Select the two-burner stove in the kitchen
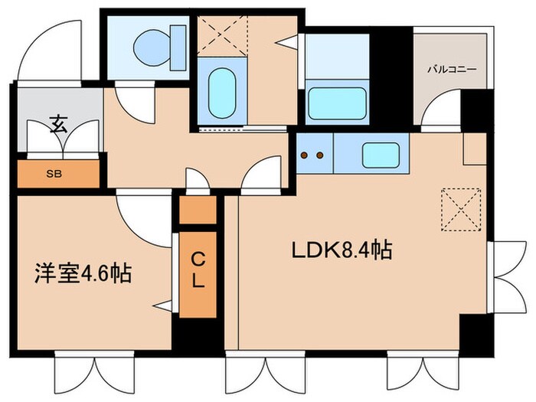pyautogui.click(x=312, y=155)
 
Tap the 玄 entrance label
pyautogui.click(x=58, y=124)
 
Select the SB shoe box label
pyautogui.click(x=54, y=173)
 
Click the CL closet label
pyautogui.click(x=198, y=270)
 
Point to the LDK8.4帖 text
pyautogui.click(x=342, y=250)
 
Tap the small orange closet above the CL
pyautogui.click(x=198, y=211)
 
